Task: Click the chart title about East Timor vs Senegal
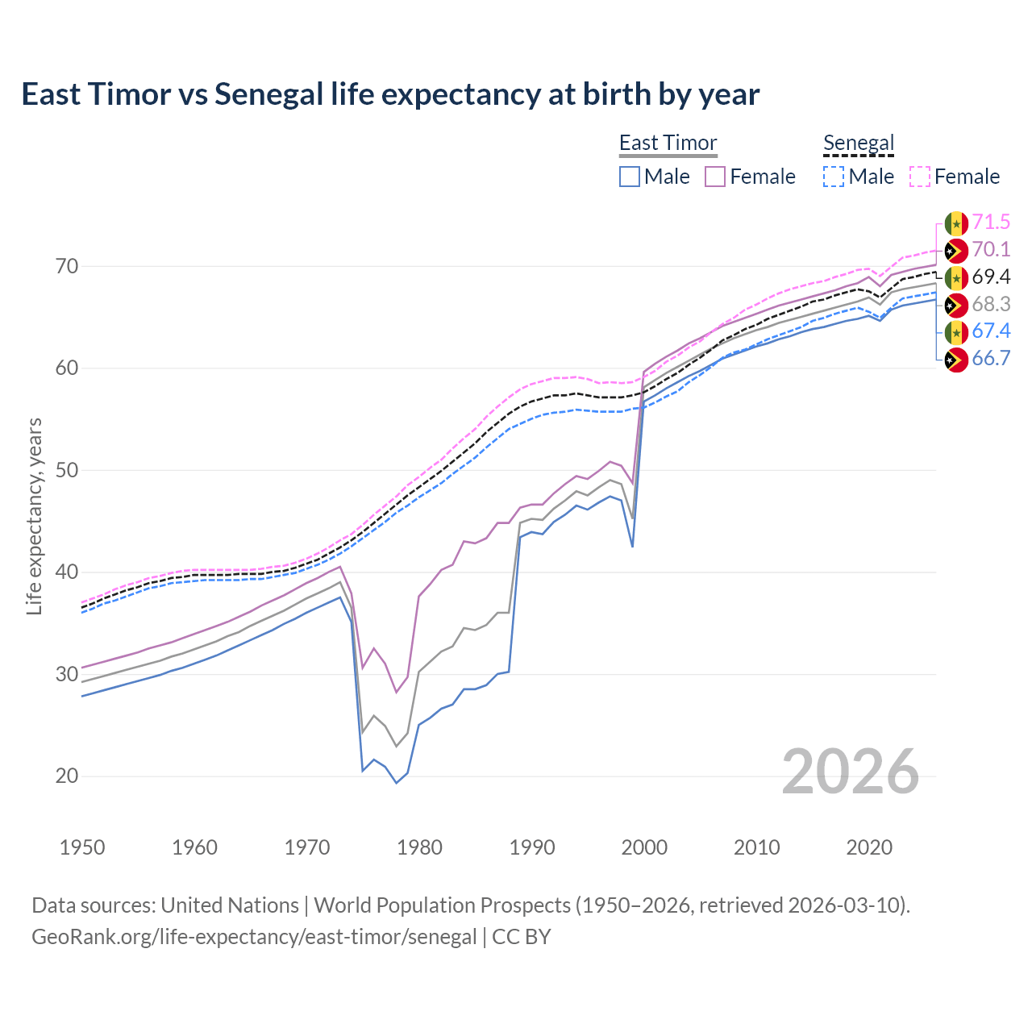pos(390,94)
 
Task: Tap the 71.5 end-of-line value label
pos(991,223)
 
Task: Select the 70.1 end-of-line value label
pos(991,250)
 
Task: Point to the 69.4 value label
pos(991,277)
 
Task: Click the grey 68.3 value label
pos(991,304)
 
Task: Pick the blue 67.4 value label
pos(991,331)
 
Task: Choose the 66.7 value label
pos(991,359)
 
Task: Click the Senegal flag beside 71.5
pos(956,223)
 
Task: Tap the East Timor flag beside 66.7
pos(956,360)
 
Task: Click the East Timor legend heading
pos(668,143)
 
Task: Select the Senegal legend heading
pos(859,143)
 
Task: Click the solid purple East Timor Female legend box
pos(715,177)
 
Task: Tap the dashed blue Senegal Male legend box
pos(834,177)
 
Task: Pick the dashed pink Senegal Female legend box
pos(919,177)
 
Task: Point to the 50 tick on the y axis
pos(67,470)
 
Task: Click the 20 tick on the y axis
pos(67,776)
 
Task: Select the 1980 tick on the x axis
pos(419,847)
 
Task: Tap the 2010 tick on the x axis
pos(756,847)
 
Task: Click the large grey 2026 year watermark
pos(851,772)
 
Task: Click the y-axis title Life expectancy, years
pos(34,516)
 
